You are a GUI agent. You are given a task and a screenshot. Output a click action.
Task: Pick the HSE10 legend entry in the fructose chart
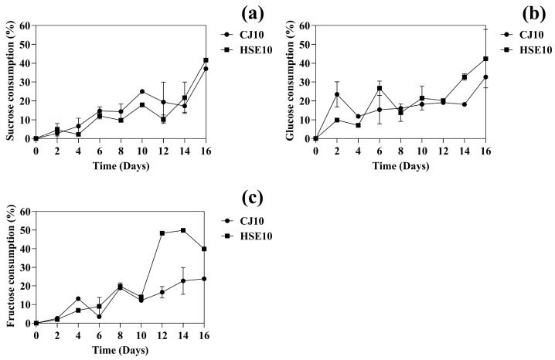coord(246,236)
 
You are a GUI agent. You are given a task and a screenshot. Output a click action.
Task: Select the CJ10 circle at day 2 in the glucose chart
coord(337,94)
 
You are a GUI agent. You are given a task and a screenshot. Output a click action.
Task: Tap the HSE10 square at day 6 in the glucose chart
coord(380,88)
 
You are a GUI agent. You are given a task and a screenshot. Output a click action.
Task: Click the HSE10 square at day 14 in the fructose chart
coord(184,230)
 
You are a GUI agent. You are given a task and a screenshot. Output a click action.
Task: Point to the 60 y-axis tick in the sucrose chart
coord(25,25)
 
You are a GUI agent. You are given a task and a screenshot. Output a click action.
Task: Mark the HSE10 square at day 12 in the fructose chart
coord(163,233)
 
